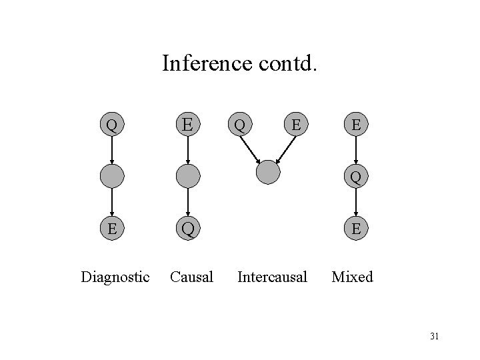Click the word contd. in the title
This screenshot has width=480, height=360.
coord(287,63)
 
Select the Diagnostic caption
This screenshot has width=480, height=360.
coord(115,276)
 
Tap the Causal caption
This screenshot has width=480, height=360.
coord(191,276)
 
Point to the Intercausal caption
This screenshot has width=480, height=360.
coord(272,276)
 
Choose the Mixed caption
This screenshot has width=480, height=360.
coord(353,276)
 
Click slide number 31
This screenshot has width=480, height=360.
coord(434,336)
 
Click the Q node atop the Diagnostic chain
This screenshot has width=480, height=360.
coord(112,125)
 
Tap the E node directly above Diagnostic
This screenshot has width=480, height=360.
coord(112,229)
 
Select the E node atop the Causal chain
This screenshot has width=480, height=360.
coord(189,125)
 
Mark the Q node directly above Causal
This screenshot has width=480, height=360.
coord(189,229)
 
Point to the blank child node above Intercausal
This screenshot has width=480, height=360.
coord(269,172)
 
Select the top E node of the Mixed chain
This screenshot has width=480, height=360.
coord(357,125)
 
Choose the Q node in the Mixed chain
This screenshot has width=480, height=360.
coord(357,177)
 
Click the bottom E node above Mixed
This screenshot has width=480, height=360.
coord(357,229)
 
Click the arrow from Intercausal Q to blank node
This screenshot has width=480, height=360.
coord(252,148)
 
